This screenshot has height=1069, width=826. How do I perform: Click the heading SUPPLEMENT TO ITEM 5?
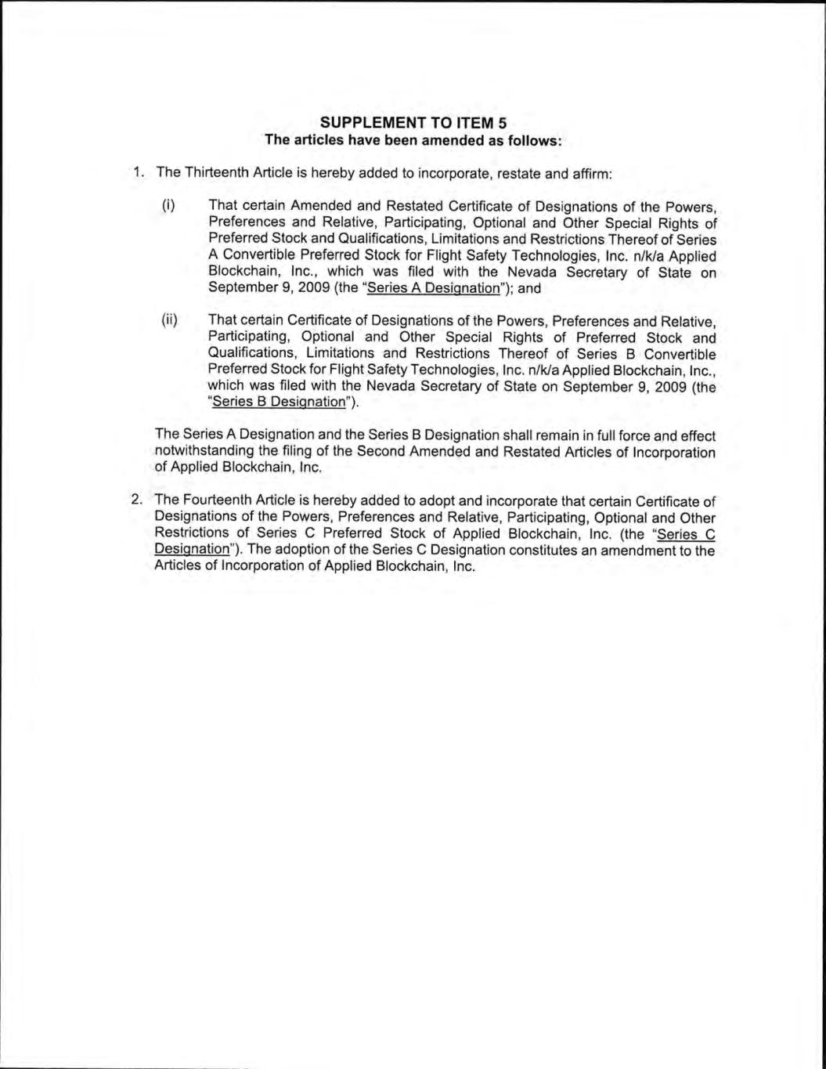coord(413,123)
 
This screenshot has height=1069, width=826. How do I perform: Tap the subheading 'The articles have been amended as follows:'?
coord(413,140)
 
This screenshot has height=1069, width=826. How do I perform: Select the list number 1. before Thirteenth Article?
coord(138,172)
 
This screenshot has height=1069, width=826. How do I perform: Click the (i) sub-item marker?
coord(167,206)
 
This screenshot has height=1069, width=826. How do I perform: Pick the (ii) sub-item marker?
coord(169,320)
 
